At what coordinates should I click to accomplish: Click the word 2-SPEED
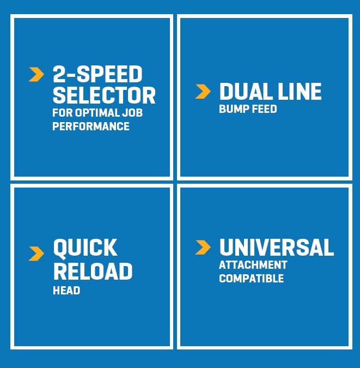[x=97, y=74]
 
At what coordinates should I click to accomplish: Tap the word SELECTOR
[x=104, y=95]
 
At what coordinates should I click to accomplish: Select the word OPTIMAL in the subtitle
[x=97, y=113]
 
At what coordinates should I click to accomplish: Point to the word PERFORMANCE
[x=91, y=126]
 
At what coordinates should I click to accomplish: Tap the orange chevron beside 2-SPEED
[x=36, y=74]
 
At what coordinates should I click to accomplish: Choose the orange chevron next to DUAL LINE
[x=203, y=91]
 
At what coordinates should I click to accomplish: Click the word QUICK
[x=86, y=248]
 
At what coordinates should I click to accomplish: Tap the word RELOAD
[x=93, y=271]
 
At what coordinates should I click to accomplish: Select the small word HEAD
[x=66, y=291]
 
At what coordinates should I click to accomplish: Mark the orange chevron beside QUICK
[x=36, y=254]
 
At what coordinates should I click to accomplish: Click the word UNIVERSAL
[x=277, y=248]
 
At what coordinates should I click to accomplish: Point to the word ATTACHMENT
[x=253, y=265]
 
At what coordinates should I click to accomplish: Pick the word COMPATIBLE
[x=252, y=279]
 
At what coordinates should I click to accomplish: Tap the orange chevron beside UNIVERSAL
[x=203, y=248]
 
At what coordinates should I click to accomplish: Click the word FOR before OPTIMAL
[x=63, y=113]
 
